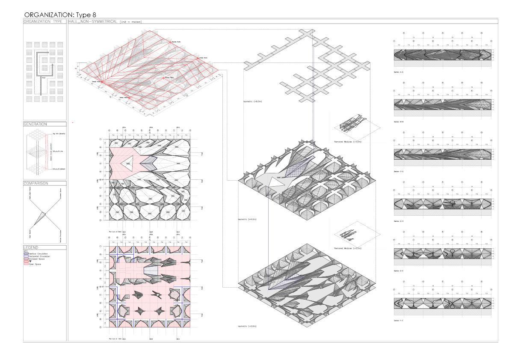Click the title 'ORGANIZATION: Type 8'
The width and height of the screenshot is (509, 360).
click(x=60, y=15)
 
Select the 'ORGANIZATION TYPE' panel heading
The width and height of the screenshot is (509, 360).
click(x=43, y=21)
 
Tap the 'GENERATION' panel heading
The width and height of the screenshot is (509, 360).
click(x=36, y=124)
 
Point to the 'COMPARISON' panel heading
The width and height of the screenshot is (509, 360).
click(x=36, y=183)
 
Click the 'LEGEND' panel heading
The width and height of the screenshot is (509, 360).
click(x=31, y=247)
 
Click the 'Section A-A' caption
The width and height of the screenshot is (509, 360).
click(x=401, y=73)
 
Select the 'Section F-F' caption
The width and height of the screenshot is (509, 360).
click(x=401, y=320)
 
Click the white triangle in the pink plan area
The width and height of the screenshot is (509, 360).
click(x=127, y=163)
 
